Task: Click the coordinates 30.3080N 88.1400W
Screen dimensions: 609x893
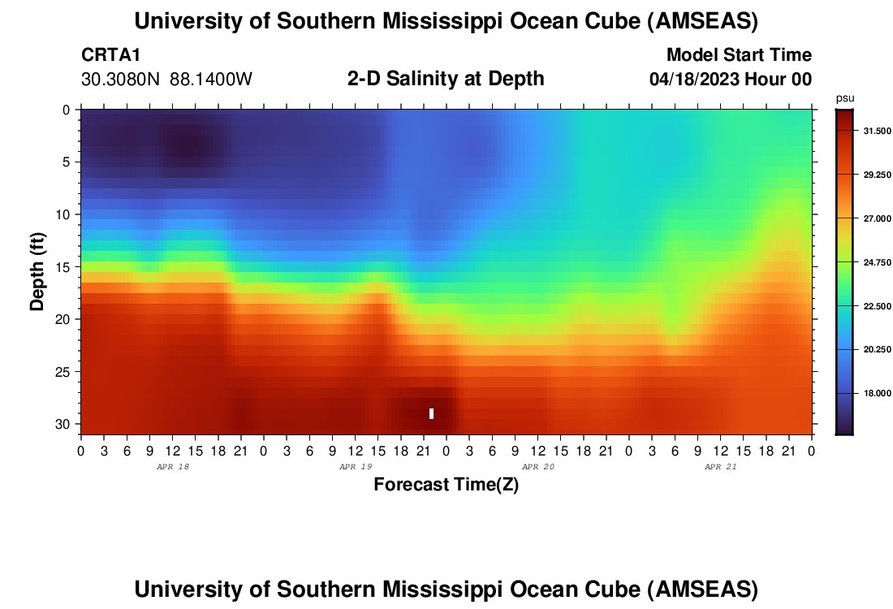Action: [x=166, y=80]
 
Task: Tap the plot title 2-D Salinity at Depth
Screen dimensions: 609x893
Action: [x=445, y=79]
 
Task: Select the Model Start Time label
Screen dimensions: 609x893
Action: [x=739, y=55]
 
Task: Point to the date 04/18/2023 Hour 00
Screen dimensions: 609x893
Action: [x=731, y=80]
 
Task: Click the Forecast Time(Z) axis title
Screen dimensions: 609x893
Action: [x=446, y=485]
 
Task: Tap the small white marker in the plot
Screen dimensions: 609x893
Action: [x=431, y=413]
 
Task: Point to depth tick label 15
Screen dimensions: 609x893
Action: [x=66, y=267]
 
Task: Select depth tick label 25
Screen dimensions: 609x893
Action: [x=66, y=372]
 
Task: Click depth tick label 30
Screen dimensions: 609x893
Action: [x=66, y=425]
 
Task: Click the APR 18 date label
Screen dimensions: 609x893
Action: [x=172, y=467]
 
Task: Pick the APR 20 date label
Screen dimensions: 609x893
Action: [x=537, y=467]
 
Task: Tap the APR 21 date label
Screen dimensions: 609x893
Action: [x=720, y=467]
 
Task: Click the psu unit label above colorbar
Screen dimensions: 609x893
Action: [x=845, y=98]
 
